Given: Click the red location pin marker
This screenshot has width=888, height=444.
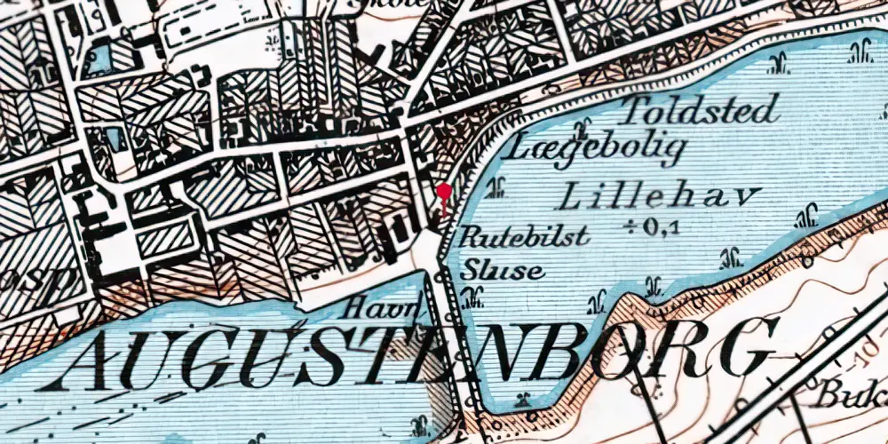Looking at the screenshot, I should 443,193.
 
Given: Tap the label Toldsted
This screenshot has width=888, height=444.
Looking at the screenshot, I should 699,110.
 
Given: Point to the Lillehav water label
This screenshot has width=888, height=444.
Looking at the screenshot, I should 663,195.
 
